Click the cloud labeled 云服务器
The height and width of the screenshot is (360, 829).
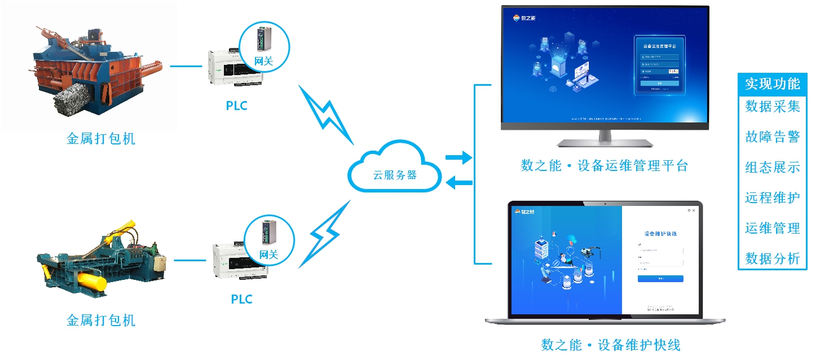tap(394, 169)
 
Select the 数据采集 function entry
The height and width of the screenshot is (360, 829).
tap(772, 106)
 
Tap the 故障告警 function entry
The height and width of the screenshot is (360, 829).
tap(772, 137)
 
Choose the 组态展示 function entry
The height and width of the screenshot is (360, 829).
tap(772, 167)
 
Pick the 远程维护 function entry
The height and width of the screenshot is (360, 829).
tap(772, 197)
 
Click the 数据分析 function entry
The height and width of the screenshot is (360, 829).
tap(772, 258)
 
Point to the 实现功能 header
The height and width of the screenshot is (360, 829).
tap(772, 84)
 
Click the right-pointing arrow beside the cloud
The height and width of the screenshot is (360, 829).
tap(458, 157)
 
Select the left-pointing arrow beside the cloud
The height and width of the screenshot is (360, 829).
tap(458, 182)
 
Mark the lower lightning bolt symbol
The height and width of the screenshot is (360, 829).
tap(325, 232)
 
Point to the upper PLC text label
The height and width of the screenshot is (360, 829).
tap(237, 106)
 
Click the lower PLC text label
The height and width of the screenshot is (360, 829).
tap(241, 299)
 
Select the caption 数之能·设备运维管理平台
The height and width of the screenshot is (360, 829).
tap(604, 166)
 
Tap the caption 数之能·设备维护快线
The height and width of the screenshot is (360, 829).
tap(611, 344)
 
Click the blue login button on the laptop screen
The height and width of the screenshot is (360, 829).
tap(660, 279)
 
